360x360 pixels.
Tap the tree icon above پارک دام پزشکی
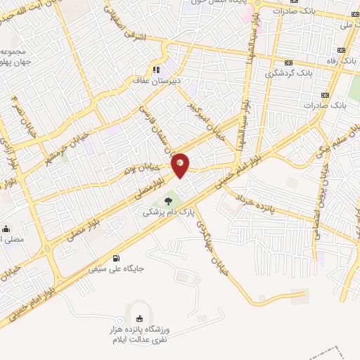point(167,202)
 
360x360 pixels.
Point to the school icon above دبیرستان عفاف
point(156,70)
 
